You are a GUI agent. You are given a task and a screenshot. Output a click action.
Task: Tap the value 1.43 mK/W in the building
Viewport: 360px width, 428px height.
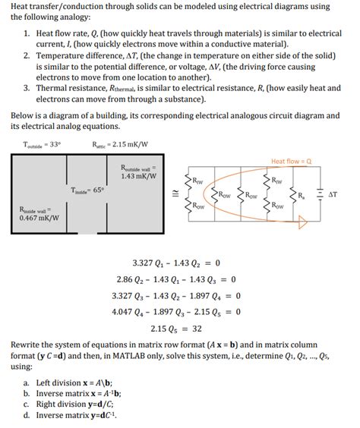coord(139,177)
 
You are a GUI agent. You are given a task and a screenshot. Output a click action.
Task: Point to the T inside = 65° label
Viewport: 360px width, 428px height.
coord(88,190)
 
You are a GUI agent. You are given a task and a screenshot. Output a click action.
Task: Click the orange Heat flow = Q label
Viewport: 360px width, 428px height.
coord(292,162)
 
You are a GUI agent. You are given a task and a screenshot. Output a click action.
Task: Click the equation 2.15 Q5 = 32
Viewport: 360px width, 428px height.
coord(175,329)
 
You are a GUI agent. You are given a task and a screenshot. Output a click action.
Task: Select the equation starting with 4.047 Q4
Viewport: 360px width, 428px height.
coord(175,312)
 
